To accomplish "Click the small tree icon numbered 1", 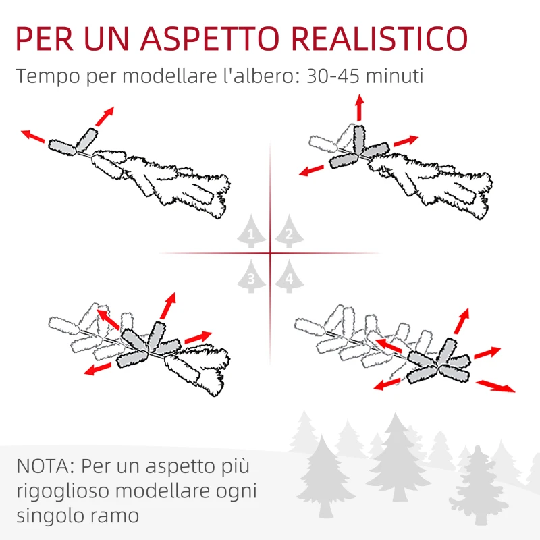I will (x=251, y=234).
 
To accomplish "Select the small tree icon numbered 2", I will (x=288, y=234).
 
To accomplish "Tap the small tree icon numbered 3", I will (x=251, y=277).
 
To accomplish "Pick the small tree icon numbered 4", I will (x=289, y=277).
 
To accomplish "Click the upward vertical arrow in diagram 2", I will (x=359, y=108).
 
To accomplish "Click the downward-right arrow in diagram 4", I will (x=496, y=387).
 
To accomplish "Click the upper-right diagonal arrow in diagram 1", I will (x=104, y=116).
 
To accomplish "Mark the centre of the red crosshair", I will (x=270, y=254).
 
